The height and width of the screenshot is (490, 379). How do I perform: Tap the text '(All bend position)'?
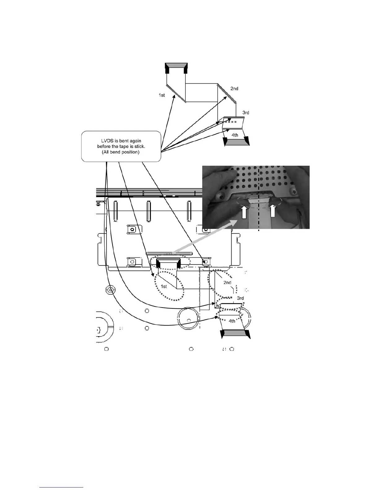coord(121,152)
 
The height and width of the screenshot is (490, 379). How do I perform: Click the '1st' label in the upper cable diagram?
coord(162,95)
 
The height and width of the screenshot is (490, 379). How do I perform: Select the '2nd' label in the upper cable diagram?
coord(234,89)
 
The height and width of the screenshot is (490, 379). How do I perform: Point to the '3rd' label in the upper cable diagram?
coord(246,113)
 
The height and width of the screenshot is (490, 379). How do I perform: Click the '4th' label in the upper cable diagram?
coord(235,135)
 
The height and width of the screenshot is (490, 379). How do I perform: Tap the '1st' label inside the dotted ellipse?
coord(164,286)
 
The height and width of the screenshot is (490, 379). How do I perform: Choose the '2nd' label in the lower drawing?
coord(227,282)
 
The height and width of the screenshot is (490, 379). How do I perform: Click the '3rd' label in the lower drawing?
coord(240,299)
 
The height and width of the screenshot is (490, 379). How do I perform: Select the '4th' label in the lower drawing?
coord(232,321)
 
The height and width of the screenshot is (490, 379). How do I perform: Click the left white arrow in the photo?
coord(244,213)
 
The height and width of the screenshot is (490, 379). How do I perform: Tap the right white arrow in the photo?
coord(273,211)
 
